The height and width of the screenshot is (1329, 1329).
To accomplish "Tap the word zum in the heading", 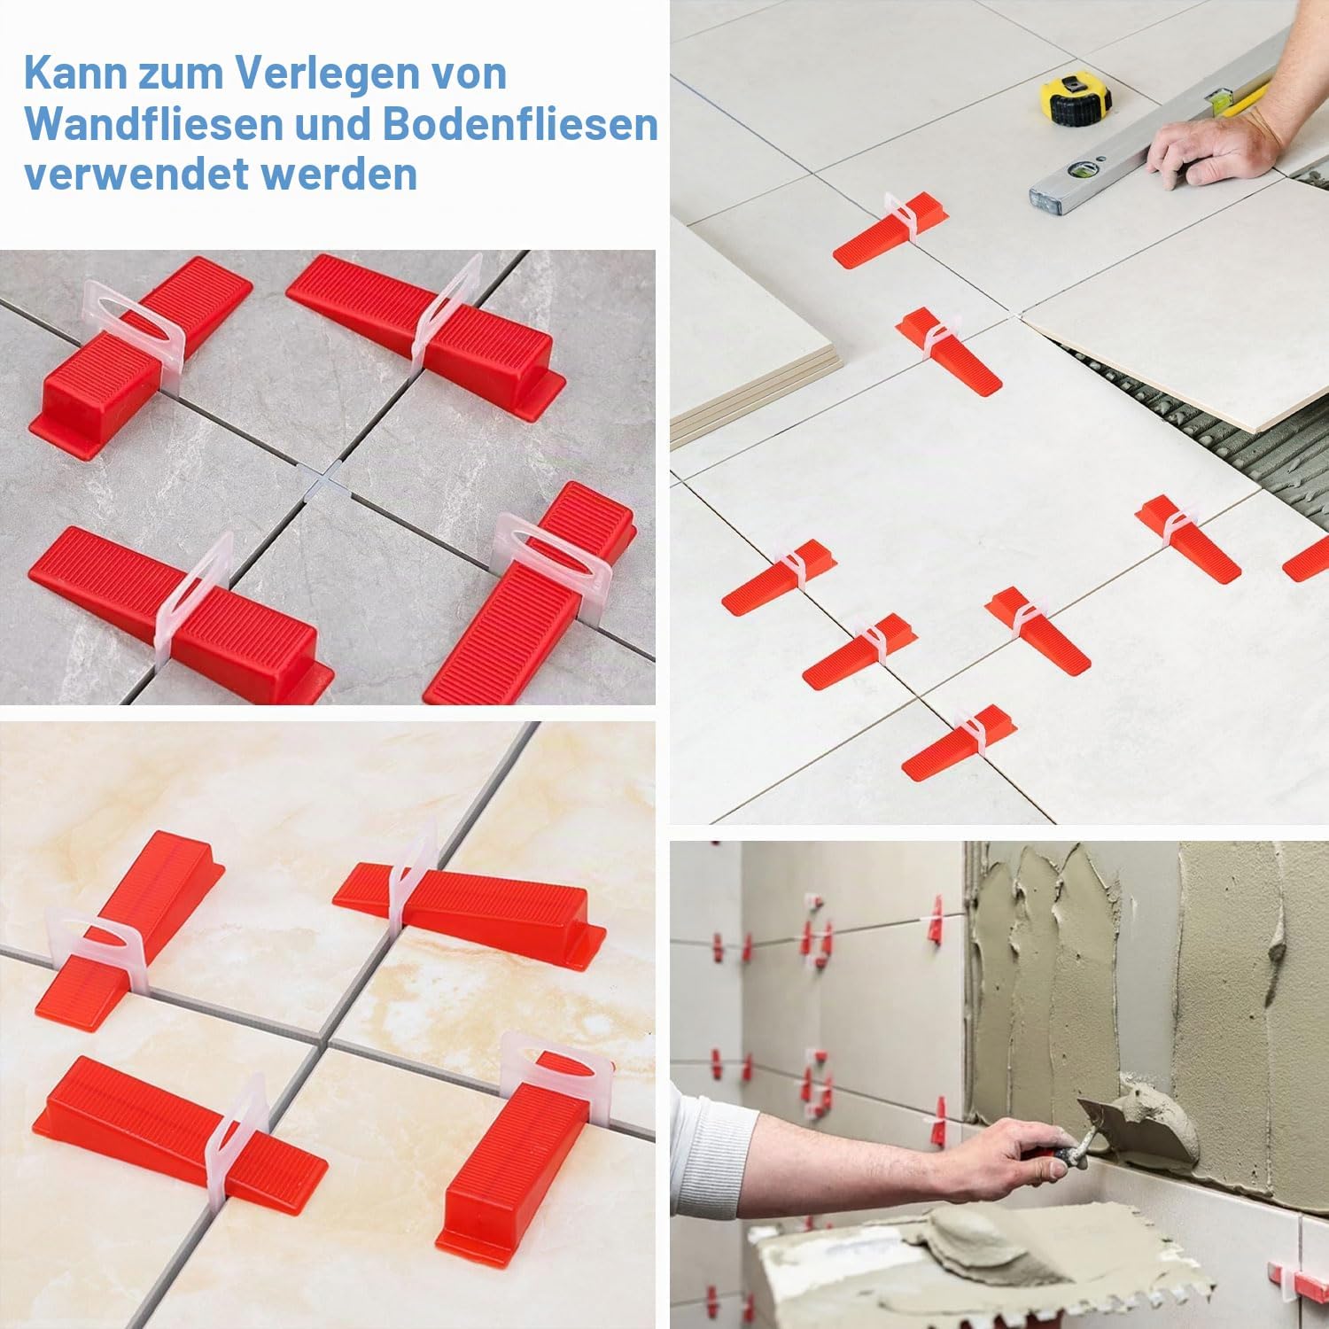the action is pos(178,74).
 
